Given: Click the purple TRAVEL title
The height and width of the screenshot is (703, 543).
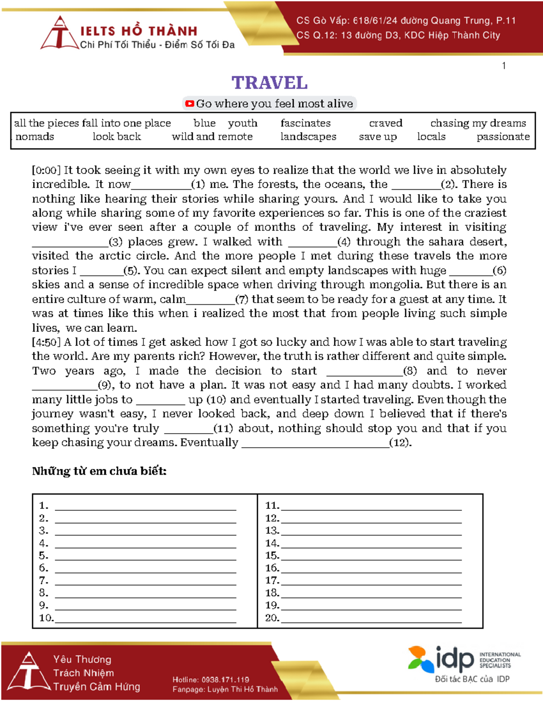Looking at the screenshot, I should (x=270, y=83).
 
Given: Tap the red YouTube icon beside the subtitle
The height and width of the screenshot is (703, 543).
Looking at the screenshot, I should (x=190, y=104).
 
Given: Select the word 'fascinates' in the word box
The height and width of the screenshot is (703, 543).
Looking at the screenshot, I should (x=305, y=123).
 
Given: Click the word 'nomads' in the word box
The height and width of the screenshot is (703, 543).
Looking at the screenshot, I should (x=35, y=137).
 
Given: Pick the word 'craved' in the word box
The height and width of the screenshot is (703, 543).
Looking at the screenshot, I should (x=386, y=123).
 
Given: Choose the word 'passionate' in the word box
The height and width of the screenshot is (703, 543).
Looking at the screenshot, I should (x=503, y=137).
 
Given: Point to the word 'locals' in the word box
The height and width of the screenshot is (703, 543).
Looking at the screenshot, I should (x=431, y=137).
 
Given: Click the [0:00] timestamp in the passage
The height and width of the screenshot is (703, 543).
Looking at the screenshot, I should (x=46, y=170).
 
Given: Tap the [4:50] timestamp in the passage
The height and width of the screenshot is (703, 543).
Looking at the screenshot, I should (x=46, y=342).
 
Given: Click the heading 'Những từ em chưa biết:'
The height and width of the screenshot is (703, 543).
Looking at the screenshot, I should (x=99, y=471).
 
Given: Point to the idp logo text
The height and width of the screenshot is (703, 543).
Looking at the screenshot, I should (x=455, y=659).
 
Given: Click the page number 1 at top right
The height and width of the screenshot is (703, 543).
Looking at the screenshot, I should (x=504, y=66).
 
